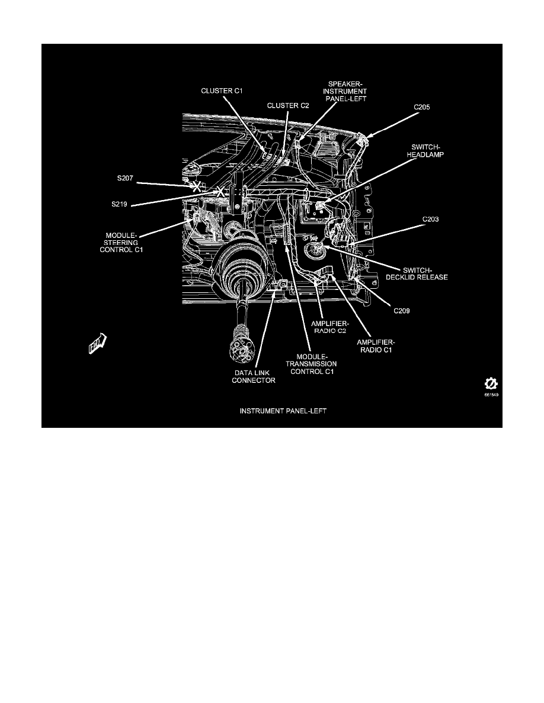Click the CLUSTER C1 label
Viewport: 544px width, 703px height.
point(222,91)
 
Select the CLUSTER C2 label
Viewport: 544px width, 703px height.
point(288,105)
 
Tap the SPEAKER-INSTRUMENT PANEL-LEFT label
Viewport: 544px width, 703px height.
point(345,91)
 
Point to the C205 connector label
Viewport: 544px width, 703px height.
point(421,107)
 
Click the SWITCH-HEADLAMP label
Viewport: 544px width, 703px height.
point(425,151)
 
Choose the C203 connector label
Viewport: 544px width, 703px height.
point(430,219)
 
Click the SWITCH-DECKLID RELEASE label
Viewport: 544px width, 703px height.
point(417,273)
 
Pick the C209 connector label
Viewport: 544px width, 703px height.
point(402,311)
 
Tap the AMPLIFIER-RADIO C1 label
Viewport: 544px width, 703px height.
point(375,346)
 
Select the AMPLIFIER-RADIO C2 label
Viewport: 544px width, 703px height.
point(329,327)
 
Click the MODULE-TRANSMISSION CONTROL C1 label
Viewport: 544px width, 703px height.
point(311,364)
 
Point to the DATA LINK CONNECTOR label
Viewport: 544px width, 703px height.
point(254,376)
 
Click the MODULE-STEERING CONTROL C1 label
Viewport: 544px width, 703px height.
point(121,243)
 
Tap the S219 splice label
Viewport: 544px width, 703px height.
point(119,204)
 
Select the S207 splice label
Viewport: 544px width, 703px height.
point(125,178)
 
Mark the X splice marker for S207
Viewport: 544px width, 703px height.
point(196,187)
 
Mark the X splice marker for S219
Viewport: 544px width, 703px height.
point(220,192)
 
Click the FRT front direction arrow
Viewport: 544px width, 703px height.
point(97,343)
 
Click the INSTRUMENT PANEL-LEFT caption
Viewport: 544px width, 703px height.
point(283,411)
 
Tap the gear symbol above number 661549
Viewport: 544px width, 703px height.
point(491,384)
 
